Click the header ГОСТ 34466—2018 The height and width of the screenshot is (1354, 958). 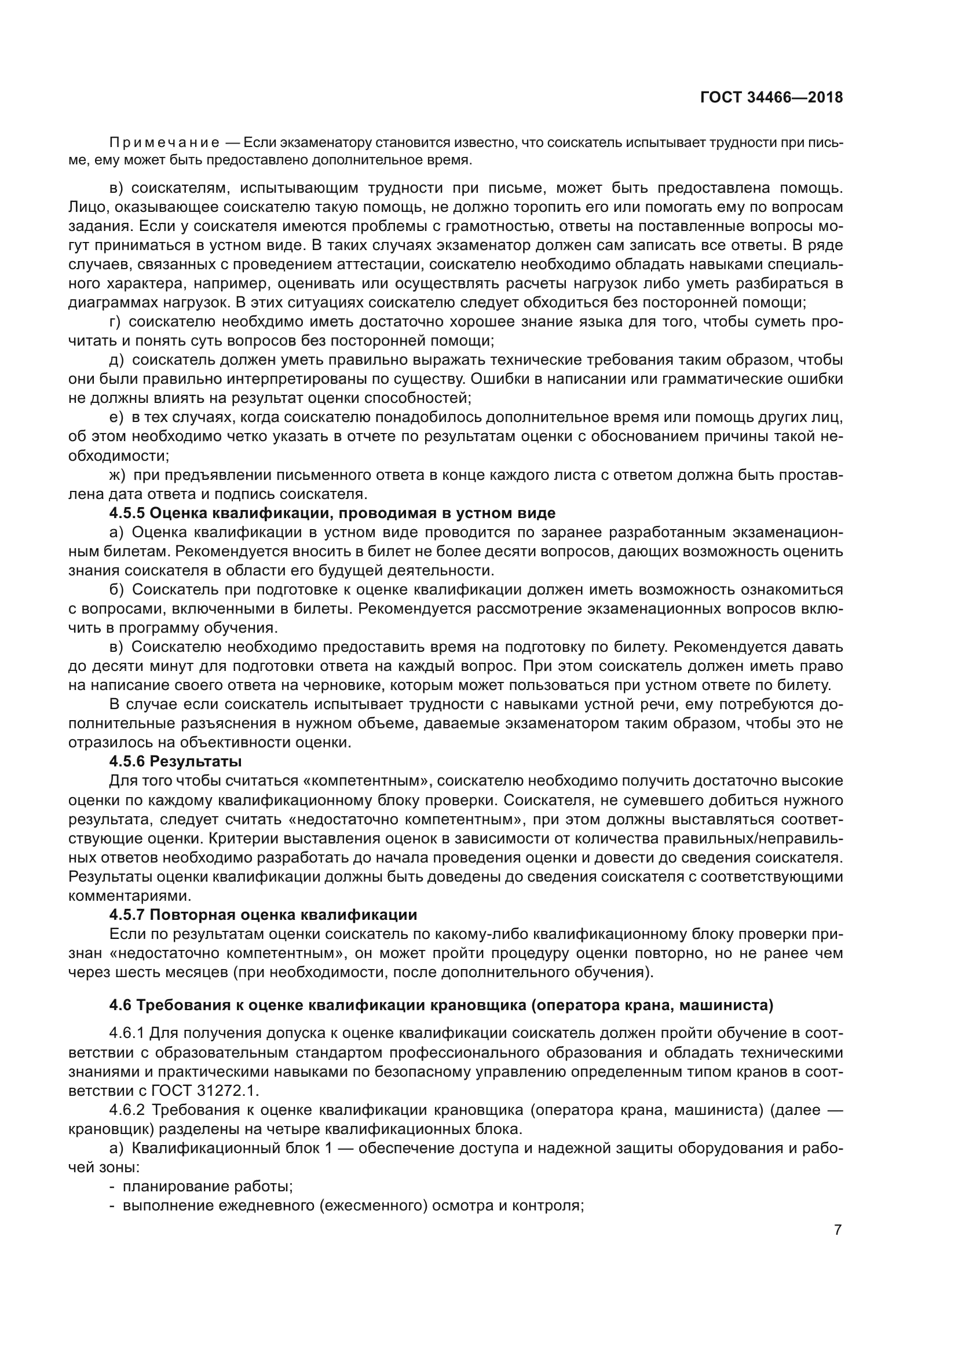pos(771,98)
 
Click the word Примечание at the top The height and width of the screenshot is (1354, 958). pos(164,143)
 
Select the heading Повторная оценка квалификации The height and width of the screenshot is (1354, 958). pos(283,915)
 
